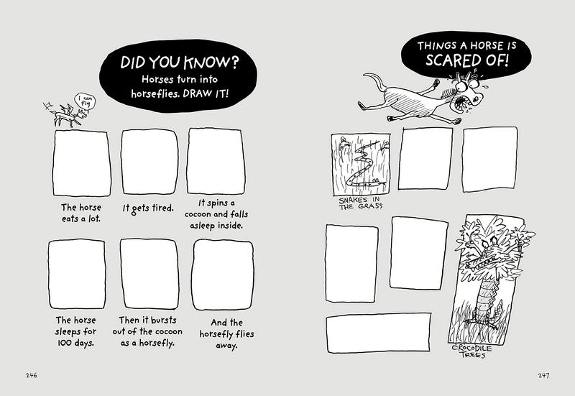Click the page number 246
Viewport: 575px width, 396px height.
coord(32,375)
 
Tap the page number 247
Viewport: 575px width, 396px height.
coord(543,375)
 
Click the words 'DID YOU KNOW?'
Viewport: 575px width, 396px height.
coord(179,63)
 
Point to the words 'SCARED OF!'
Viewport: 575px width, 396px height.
coord(466,60)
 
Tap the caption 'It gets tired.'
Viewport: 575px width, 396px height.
coord(148,208)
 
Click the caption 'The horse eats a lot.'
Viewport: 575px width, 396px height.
coord(81,213)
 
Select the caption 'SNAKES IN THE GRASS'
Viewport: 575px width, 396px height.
coord(360,203)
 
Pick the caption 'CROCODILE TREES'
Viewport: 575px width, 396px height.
coord(471,351)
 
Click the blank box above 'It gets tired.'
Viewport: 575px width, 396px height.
coord(149,162)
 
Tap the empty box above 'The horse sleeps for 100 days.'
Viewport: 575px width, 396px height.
coord(77,275)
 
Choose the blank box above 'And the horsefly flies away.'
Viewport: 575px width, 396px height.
coord(223,275)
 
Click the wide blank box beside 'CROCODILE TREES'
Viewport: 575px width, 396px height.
coord(378,333)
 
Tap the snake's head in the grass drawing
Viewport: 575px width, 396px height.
coord(377,181)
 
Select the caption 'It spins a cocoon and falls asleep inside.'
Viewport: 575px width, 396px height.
coord(216,214)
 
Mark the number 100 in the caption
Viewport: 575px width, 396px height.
coord(65,344)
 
